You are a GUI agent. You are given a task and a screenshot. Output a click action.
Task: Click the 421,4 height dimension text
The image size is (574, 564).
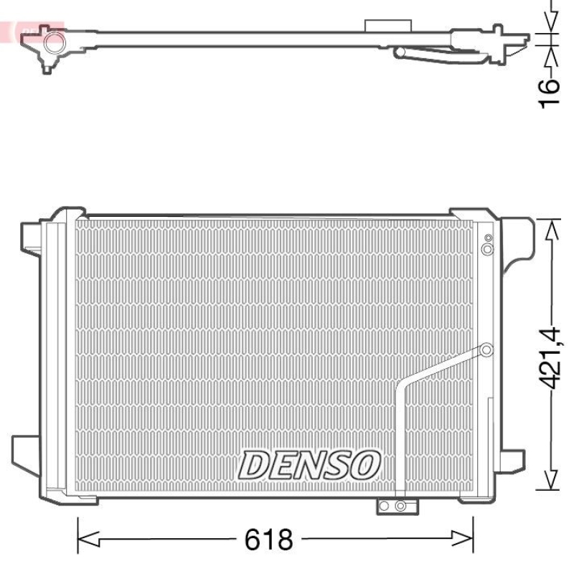[550, 356]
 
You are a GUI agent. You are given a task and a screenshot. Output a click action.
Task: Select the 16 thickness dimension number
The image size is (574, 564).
[549, 94]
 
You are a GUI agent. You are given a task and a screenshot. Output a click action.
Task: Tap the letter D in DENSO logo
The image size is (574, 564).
[254, 465]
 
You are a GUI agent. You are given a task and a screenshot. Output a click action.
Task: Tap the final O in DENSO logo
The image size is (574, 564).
[364, 465]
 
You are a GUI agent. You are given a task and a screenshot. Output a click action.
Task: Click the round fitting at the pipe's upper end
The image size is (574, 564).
[486, 350]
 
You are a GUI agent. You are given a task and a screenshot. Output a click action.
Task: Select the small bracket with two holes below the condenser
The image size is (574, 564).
[392, 507]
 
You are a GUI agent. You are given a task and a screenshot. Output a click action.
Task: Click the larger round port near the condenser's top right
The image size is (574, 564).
[487, 249]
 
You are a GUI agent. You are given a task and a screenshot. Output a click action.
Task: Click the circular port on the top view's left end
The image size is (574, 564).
[52, 44]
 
